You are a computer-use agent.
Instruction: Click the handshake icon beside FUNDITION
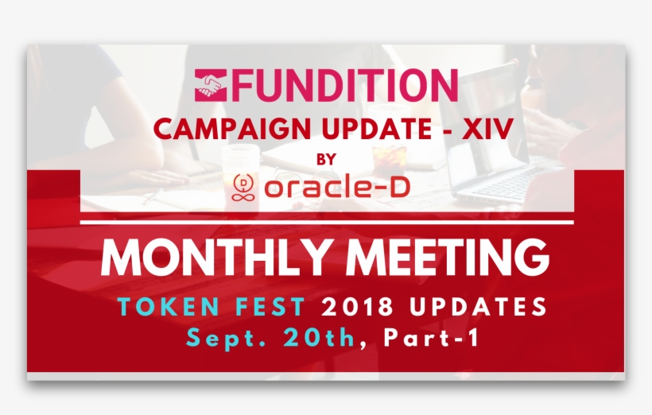(x=211, y=86)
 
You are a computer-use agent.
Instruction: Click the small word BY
(x=326, y=159)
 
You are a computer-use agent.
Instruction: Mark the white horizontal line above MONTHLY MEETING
(x=326, y=222)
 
